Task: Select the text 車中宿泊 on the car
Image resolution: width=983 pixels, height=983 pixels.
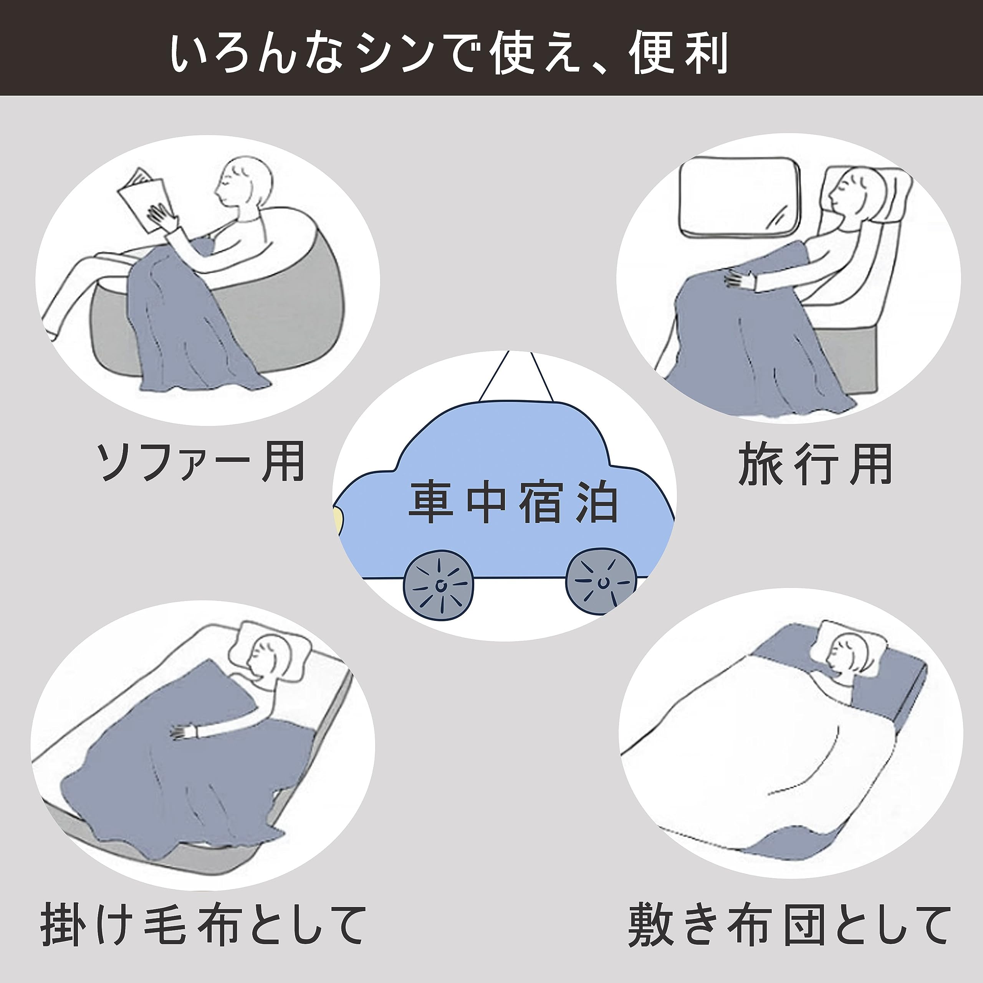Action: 514,504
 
